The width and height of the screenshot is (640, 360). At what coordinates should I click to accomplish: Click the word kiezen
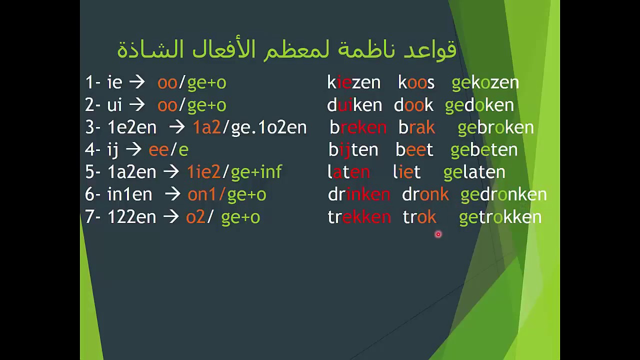click(353, 82)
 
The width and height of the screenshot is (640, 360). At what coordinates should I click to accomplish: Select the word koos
click(416, 82)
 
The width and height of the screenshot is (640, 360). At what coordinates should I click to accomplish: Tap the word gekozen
click(485, 82)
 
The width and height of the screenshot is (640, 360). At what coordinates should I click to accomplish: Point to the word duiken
click(354, 105)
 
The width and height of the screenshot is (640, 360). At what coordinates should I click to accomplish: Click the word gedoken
click(479, 105)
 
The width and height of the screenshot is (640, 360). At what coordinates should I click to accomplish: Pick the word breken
click(358, 127)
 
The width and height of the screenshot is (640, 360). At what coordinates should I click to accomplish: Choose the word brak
click(416, 127)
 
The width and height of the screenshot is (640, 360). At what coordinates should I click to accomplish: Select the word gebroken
click(495, 127)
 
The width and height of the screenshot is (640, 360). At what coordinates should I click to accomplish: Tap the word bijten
click(353, 149)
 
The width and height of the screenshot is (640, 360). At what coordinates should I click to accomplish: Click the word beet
click(414, 149)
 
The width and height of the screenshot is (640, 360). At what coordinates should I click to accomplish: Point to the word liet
click(406, 172)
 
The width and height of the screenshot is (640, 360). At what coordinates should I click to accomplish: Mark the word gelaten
click(474, 172)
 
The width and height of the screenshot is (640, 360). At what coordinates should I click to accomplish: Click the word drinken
click(358, 194)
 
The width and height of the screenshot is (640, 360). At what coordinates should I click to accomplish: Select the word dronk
click(425, 194)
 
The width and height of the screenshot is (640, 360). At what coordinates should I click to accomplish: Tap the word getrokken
click(500, 217)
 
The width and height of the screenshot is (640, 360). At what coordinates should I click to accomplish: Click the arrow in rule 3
click(177, 127)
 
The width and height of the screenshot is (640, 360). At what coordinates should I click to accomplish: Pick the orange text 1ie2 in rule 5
click(203, 172)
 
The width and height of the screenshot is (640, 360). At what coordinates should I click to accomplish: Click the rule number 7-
click(93, 217)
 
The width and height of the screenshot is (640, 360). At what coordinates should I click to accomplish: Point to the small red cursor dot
click(438, 234)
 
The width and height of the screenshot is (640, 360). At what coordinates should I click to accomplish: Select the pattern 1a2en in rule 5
click(131, 172)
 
